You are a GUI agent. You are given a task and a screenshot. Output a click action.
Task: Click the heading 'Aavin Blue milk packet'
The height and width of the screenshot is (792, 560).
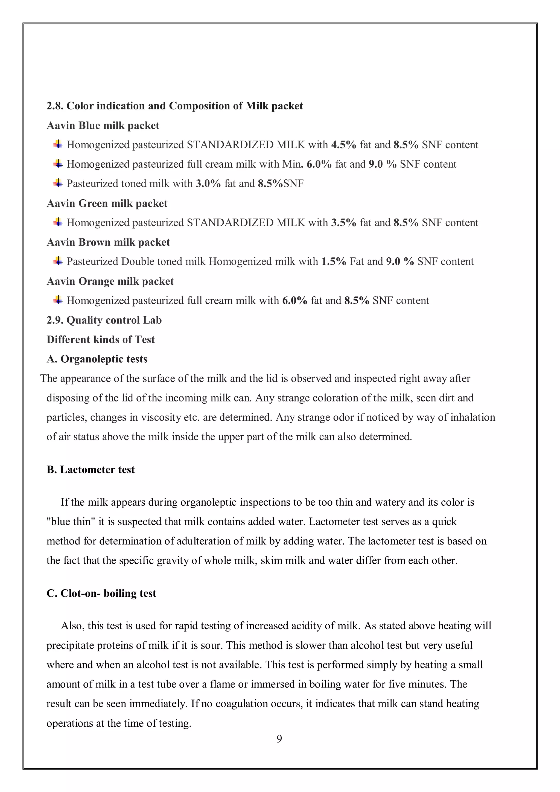pos(103,126)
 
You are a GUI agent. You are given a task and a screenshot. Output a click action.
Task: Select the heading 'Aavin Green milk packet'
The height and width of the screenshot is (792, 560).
pos(107,203)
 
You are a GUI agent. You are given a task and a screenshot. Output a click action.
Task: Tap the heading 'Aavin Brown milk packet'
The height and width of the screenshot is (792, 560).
pos(108,243)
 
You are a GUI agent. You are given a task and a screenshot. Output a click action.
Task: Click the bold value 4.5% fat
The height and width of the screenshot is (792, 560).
pos(343,145)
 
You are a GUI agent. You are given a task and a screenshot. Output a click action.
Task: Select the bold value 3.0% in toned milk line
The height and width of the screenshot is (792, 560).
pos(208,184)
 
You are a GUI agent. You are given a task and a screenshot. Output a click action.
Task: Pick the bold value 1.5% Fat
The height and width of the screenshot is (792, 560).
pos(333,261)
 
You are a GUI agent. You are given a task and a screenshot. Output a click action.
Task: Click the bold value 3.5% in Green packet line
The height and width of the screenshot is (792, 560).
pos(343,223)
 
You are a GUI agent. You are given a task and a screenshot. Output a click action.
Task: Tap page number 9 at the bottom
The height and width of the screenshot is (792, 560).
pos(279,738)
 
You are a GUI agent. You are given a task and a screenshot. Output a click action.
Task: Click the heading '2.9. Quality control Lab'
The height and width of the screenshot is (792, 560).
pos(104,321)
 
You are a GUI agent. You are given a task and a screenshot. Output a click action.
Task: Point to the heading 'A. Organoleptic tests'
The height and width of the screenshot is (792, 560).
pos(97,359)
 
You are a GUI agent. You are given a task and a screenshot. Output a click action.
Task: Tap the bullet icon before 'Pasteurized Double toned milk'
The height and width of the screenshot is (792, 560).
pos(58,261)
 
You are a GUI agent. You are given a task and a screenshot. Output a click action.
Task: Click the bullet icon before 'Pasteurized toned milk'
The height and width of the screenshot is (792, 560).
pos(58,183)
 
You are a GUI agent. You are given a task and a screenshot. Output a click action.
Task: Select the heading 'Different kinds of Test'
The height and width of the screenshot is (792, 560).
pos(100,340)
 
